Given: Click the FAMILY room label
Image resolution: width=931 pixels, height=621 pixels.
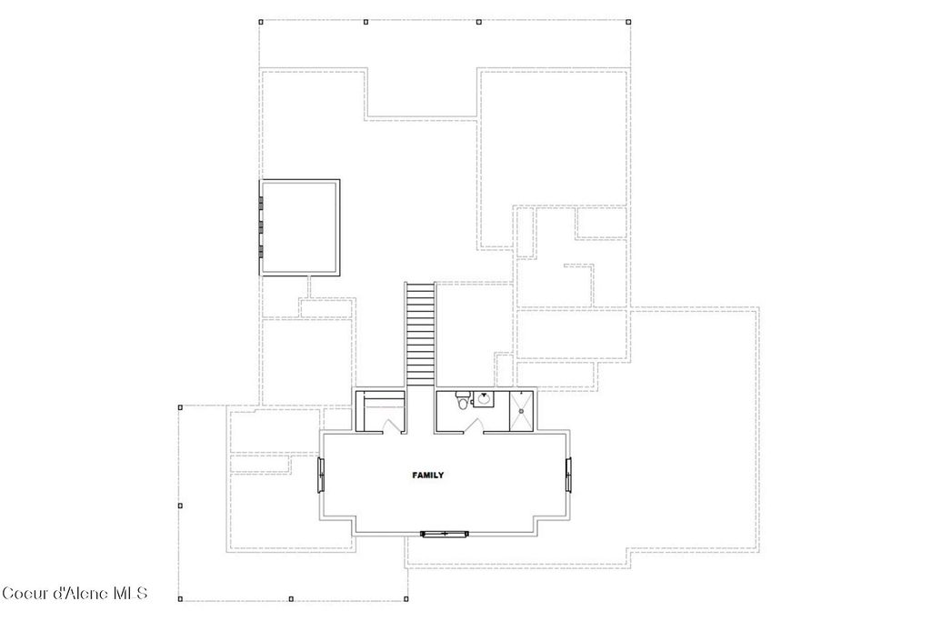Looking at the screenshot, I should (427, 476).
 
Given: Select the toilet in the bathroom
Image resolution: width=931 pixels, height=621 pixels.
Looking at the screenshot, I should (463, 400).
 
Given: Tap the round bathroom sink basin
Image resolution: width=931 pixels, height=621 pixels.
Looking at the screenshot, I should (484, 398).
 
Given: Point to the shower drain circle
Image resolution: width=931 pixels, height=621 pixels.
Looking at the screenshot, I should (522, 412).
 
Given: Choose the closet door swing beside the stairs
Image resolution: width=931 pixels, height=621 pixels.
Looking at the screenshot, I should (393, 425).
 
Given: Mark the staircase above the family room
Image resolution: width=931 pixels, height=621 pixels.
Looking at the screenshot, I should (420, 334).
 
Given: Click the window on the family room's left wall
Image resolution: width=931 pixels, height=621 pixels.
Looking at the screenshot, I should (320, 476).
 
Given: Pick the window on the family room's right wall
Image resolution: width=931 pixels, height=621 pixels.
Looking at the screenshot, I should (569, 476).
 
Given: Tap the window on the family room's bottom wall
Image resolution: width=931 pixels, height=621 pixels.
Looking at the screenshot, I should (445, 534).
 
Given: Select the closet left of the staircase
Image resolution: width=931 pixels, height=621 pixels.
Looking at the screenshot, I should (379, 408).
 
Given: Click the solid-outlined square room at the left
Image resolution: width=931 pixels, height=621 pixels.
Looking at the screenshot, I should (300, 226).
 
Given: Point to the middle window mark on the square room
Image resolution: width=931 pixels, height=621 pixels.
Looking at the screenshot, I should (260, 226).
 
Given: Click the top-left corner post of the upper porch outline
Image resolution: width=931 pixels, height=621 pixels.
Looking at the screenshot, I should (261, 22).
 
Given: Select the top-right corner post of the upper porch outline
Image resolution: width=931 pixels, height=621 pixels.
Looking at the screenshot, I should (630, 22).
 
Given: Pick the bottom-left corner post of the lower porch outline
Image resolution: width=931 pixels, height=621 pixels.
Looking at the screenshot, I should (180, 598).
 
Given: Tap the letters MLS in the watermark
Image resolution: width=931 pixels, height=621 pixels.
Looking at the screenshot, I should (130, 594).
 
